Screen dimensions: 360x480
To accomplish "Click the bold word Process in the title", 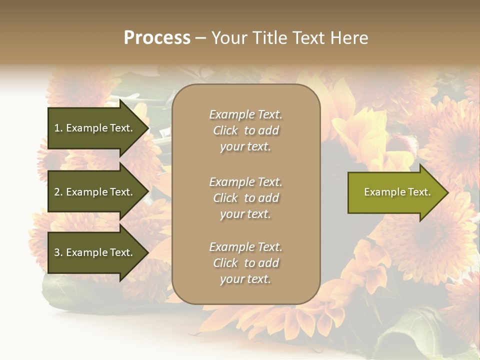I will point(157,38).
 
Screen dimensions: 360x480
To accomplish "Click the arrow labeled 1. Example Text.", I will point(95,128).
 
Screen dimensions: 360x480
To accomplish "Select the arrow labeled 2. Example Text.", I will point(95,192).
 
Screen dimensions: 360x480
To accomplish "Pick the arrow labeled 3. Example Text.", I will point(95,252).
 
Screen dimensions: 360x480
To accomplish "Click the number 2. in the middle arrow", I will point(58,192).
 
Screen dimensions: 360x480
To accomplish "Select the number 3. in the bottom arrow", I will point(58,252).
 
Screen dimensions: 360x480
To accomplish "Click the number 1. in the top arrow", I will point(58,128).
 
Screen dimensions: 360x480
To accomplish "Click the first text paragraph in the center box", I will point(245,130).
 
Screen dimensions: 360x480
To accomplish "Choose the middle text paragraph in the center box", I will point(245,198).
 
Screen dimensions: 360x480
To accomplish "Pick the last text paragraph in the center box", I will point(245,263).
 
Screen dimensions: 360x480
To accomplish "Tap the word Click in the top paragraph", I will point(225,130).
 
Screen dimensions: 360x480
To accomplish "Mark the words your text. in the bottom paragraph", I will point(245,279).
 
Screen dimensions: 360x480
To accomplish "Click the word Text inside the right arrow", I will point(419,192).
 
